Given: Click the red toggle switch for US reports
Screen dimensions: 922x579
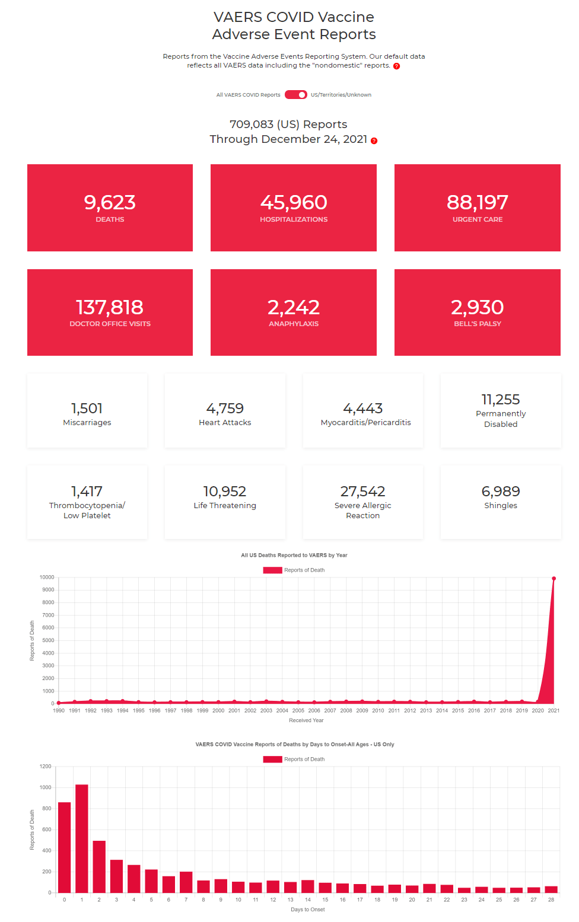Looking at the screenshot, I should click(295, 95).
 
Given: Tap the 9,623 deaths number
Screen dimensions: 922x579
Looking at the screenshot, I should click(110, 203).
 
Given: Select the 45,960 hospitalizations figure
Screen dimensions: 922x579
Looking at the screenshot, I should click(294, 203).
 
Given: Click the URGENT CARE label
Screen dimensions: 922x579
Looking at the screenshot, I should click(478, 219).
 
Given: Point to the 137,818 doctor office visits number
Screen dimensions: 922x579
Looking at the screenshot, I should click(110, 307).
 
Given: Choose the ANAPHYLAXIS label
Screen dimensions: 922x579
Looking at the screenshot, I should click(294, 324).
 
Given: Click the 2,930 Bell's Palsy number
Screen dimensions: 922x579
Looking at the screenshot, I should click(478, 307).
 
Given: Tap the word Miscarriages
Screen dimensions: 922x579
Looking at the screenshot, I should click(87, 423).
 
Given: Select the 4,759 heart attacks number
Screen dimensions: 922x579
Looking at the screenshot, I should click(225, 409).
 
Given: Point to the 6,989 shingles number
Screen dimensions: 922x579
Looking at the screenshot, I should click(501, 492).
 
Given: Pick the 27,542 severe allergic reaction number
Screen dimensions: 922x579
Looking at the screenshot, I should click(362, 492).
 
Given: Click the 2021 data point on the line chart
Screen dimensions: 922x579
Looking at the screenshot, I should click(553, 578).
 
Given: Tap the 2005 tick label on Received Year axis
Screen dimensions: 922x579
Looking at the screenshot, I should click(298, 710).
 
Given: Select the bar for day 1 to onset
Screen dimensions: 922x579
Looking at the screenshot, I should click(82, 838).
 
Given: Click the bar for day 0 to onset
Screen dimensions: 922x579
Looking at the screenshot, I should click(65, 847).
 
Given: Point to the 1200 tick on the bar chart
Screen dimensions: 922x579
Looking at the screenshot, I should click(46, 767).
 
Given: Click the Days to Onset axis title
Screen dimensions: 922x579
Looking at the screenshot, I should click(308, 910).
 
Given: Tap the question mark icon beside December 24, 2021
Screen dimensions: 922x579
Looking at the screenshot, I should click(374, 141).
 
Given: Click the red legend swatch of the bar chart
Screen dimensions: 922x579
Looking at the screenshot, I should click(272, 760).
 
